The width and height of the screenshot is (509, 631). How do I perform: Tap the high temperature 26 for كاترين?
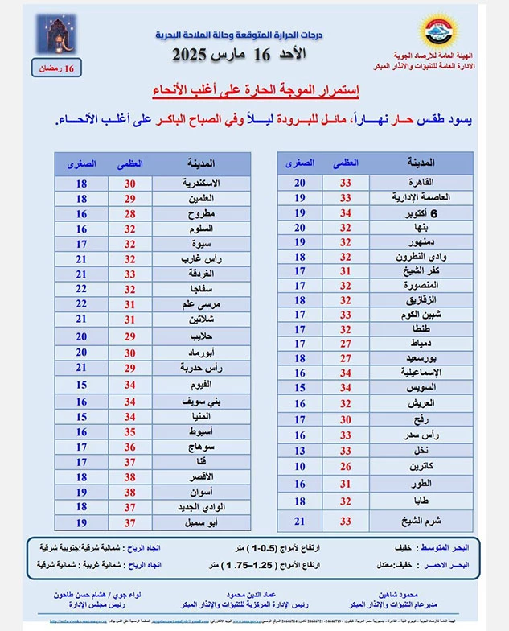point(347,465)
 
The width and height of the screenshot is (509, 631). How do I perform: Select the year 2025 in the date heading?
point(198,56)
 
